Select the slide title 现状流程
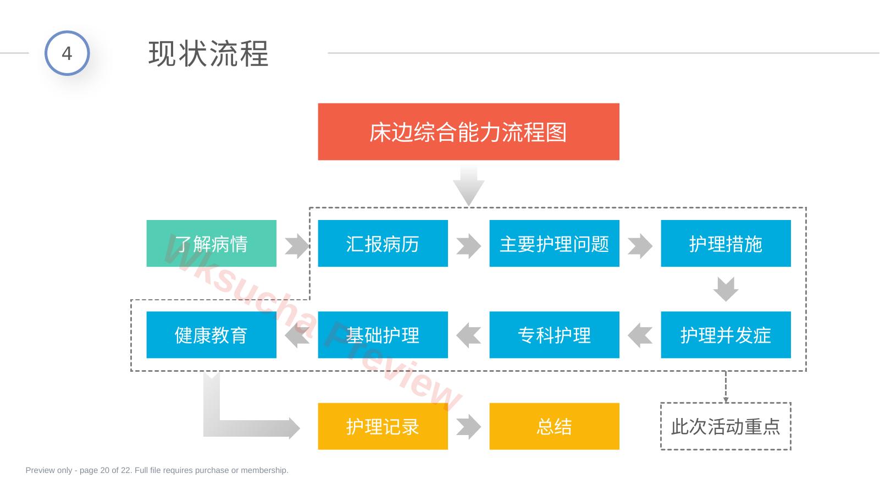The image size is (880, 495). (209, 54)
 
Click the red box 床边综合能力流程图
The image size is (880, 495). (468, 131)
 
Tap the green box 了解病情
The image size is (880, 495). (212, 243)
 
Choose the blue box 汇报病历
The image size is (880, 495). (383, 243)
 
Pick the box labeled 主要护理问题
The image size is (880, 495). (554, 243)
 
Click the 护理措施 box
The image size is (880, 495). (726, 243)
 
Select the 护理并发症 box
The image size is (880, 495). (726, 335)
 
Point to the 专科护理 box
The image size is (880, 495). (554, 335)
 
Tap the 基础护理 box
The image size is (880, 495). (383, 335)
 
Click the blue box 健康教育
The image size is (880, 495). (212, 335)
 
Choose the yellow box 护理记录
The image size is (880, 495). (383, 426)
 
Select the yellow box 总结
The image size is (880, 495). (554, 426)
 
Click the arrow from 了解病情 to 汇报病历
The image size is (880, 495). (297, 246)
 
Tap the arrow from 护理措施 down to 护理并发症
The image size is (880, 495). (726, 289)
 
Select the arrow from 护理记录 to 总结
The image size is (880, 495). (469, 427)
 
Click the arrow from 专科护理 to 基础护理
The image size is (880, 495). (469, 335)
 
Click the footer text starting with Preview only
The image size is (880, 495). (157, 470)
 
